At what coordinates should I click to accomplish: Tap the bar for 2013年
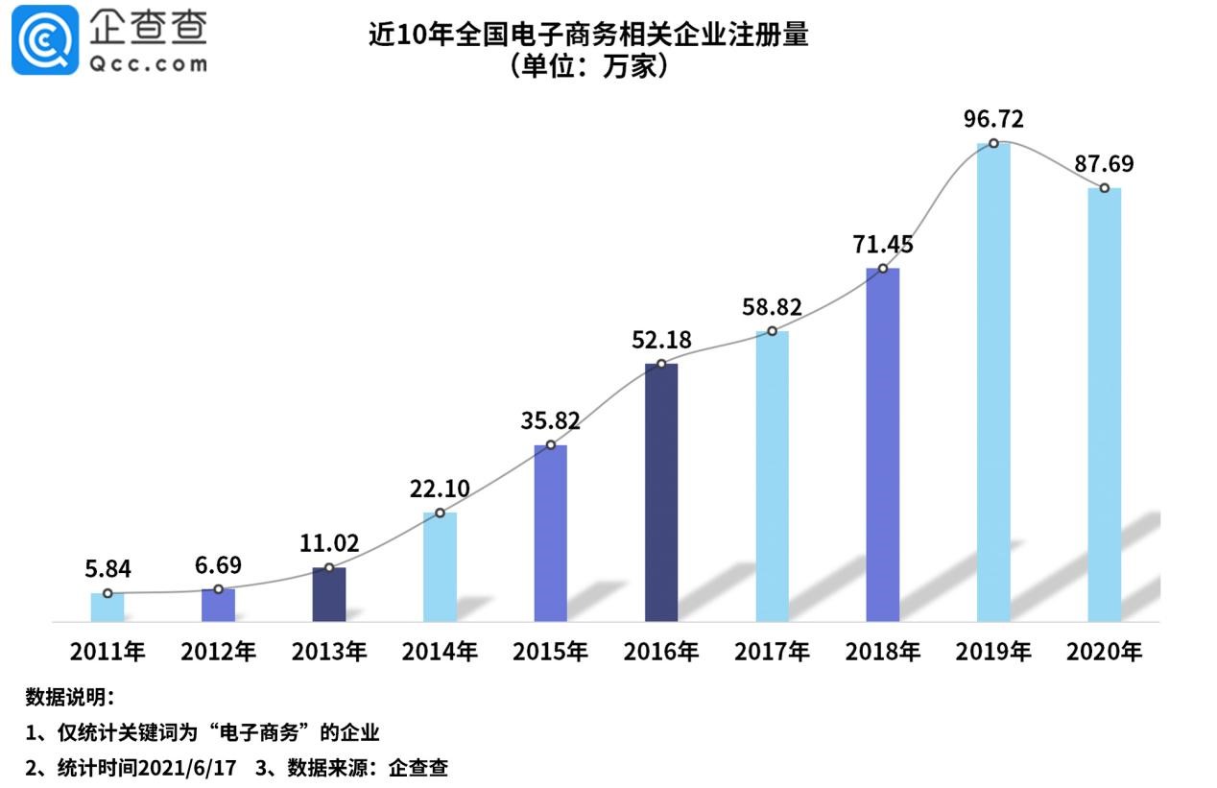329,594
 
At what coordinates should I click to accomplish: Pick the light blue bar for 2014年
440,566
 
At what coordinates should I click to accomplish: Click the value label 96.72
993,120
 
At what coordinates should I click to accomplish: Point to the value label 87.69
1104,164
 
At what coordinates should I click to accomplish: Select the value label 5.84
107,569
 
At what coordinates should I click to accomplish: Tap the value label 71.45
882,244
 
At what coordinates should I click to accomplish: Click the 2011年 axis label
107,653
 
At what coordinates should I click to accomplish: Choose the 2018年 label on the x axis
882,653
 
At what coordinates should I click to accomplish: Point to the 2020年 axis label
1104,653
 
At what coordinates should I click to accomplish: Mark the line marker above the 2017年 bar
772,331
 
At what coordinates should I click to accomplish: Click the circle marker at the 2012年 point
218,588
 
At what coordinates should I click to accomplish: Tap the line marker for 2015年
550,444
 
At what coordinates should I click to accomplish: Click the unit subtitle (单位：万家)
588,68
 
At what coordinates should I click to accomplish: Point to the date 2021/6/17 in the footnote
186,768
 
